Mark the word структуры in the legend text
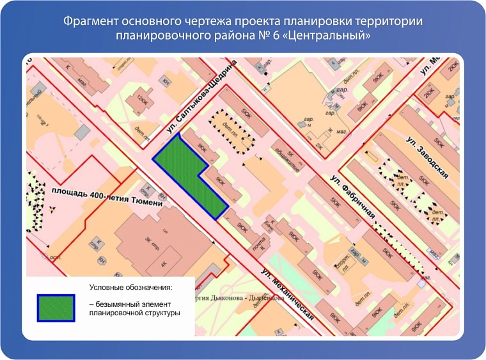(162, 313)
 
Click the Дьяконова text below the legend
(258, 297)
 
